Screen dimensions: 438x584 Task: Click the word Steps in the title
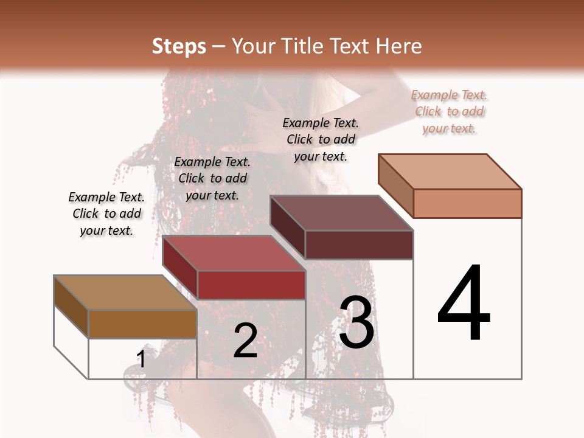click(x=179, y=46)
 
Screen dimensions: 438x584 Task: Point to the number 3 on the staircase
click(x=356, y=322)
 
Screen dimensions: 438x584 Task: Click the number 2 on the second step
click(x=245, y=341)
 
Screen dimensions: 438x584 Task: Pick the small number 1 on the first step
click(x=141, y=359)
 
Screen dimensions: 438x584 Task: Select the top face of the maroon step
click(x=341, y=213)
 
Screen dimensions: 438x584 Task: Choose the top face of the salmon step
click(x=449, y=172)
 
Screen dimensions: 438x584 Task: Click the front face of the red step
click(x=251, y=285)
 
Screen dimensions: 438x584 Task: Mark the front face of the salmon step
click(x=467, y=203)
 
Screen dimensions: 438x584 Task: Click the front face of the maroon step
click(x=359, y=245)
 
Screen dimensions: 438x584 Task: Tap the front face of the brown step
click(x=142, y=324)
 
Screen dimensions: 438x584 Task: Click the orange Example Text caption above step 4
click(x=449, y=111)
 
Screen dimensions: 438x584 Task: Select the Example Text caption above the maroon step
click(x=321, y=139)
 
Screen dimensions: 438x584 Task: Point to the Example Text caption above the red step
click(x=212, y=178)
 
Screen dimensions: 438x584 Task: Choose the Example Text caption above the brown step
click(x=106, y=214)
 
